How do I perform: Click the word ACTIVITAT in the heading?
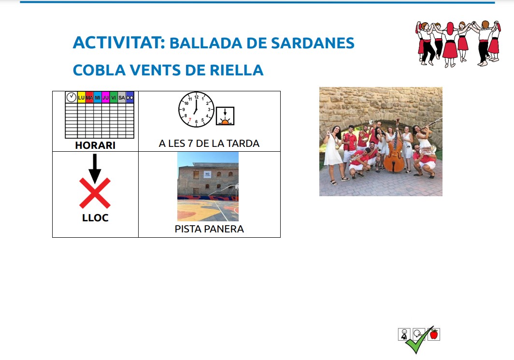point(119,43)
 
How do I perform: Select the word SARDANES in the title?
point(313,43)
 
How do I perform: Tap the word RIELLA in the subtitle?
point(236,70)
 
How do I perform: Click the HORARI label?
point(95,145)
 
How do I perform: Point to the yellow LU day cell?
point(81,98)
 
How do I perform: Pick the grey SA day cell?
point(122,98)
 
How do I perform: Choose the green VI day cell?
point(114,98)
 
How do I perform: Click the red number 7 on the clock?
point(190,120)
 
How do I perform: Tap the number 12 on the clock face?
point(196,97)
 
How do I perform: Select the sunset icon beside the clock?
point(225,116)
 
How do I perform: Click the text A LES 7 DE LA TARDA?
point(209,144)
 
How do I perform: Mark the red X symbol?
point(95,193)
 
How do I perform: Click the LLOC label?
point(95,218)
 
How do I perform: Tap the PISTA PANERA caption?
point(209,229)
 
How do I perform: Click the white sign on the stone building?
point(207,174)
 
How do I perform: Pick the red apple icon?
point(434,334)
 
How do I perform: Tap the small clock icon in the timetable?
point(71,97)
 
